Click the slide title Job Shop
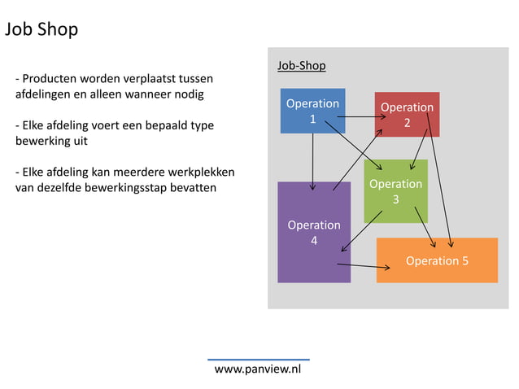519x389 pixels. pyautogui.click(x=41, y=30)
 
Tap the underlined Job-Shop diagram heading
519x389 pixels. pyautogui.click(x=301, y=65)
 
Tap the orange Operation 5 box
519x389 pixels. pyautogui.click(x=437, y=260)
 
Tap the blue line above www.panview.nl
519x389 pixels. pyautogui.click(x=258, y=359)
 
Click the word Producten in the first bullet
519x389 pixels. pyautogui.click(x=50, y=79)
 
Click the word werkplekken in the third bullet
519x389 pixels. pyautogui.click(x=201, y=173)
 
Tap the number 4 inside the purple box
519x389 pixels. pyautogui.click(x=313, y=240)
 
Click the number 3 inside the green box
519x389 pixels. pyautogui.click(x=395, y=199)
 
